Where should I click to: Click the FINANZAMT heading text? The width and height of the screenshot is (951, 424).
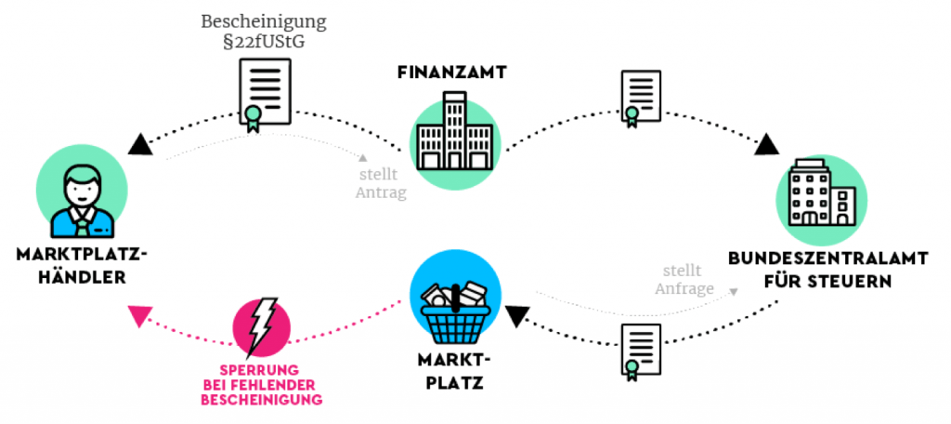tap(452, 73)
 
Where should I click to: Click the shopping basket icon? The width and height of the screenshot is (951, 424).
tap(455, 310)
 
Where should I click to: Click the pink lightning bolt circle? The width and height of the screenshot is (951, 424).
tap(263, 327)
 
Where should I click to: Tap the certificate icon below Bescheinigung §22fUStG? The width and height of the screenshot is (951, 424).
tap(265, 94)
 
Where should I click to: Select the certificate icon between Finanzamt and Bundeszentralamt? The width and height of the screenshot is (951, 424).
tap(641, 99)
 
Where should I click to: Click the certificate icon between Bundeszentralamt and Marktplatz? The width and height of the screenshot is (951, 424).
tap(641, 351)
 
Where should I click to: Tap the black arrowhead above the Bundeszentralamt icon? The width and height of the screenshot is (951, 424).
tap(767, 144)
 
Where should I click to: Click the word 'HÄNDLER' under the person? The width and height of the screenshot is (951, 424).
tap(82, 277)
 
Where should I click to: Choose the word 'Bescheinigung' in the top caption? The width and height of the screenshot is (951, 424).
tap(264, 22)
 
